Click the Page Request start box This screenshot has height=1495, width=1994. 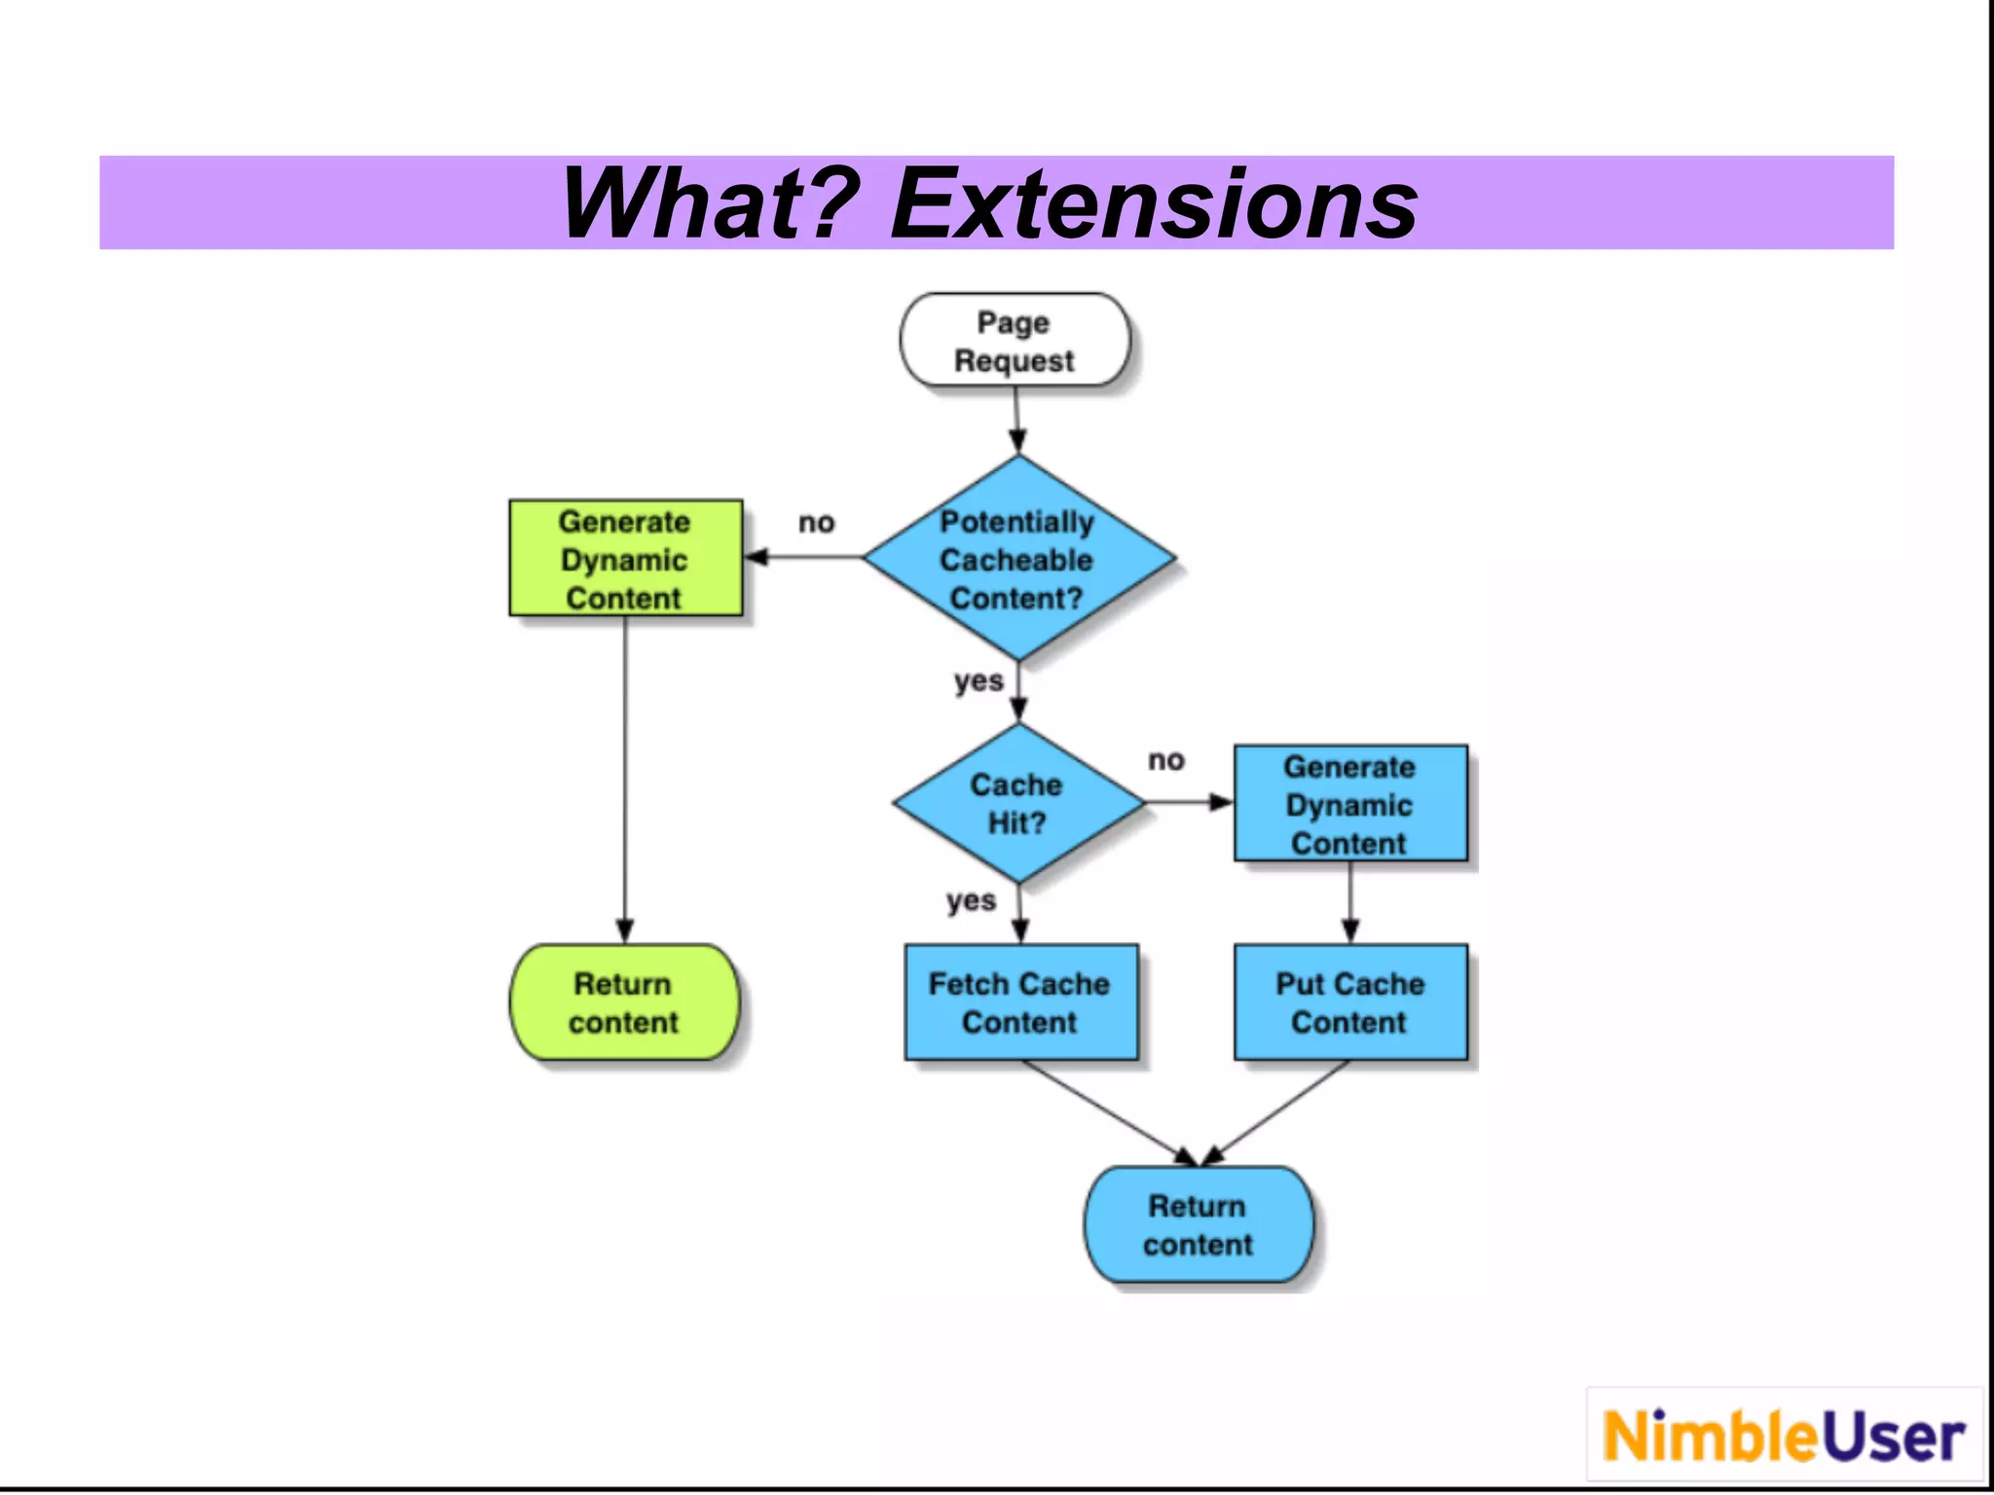coord(1015,341)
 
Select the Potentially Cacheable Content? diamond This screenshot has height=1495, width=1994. coord(1017,559)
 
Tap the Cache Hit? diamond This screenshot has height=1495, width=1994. coord(1017,803)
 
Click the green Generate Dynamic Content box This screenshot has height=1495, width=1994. coord(625,559)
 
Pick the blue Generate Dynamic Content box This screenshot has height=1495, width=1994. coord(1349,804)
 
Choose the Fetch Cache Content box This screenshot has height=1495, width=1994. coord(1020,1003)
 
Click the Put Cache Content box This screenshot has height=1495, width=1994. coord(1349,1003)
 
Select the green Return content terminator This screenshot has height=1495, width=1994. coord(624,1003)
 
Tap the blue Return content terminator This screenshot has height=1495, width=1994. coord(1198,1224)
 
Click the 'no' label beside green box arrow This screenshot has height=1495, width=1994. coord(816,523)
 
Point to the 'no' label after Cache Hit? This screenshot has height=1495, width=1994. coord(1165,760)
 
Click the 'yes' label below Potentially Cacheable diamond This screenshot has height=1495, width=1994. coord(978,680)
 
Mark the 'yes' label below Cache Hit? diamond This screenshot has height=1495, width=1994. coord(971,900)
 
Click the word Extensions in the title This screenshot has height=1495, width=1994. coord(1154,203)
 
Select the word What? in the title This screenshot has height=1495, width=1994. coord(711,203)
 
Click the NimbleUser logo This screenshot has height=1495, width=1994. coord(1784,1436)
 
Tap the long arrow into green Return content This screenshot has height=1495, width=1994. coord(625,779)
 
